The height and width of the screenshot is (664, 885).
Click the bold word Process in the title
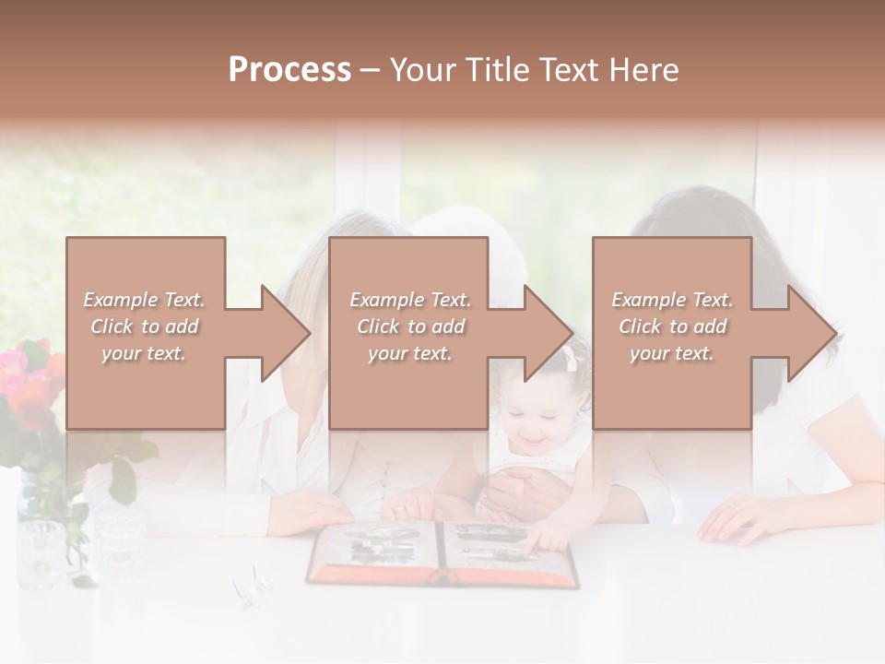pyautogui.click(x=289, y=70)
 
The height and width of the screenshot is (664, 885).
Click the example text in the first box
pyautogui.click(x=145, y=326)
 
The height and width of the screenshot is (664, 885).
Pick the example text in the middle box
pyautogui.click(x=410, y=326)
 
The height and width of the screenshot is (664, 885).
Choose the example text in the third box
pyautogui.click(x=672, y=326)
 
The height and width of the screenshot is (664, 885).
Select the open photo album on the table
pyautogui.click(x=442, y=552)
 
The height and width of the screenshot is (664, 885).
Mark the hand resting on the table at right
pyautogui.click(x=737, y=521)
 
